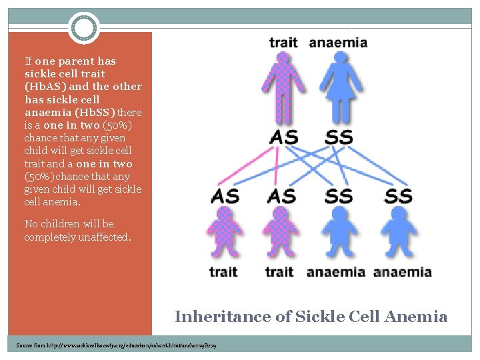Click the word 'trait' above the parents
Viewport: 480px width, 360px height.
pyautogui.click(x=283, y=43)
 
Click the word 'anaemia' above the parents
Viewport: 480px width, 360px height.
pyautogui.click(x=338, y=43)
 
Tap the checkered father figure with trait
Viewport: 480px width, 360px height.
pyautogui.click(x=283, y=87)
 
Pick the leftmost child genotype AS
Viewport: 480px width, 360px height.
pyautogui.click(x=225, y=196)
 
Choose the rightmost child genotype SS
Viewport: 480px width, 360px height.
pyautogui.click(x=398, y=196)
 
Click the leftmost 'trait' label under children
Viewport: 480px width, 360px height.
pyautogui.click(x=223, y=271)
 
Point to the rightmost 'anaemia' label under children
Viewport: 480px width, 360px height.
pyautogui.click(x=402, y=271)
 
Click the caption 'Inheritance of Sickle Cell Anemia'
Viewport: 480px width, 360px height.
pyautogui.click(x=311, y=317)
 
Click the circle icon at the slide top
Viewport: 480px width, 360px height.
pyautogui.click(x=84, y=28)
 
